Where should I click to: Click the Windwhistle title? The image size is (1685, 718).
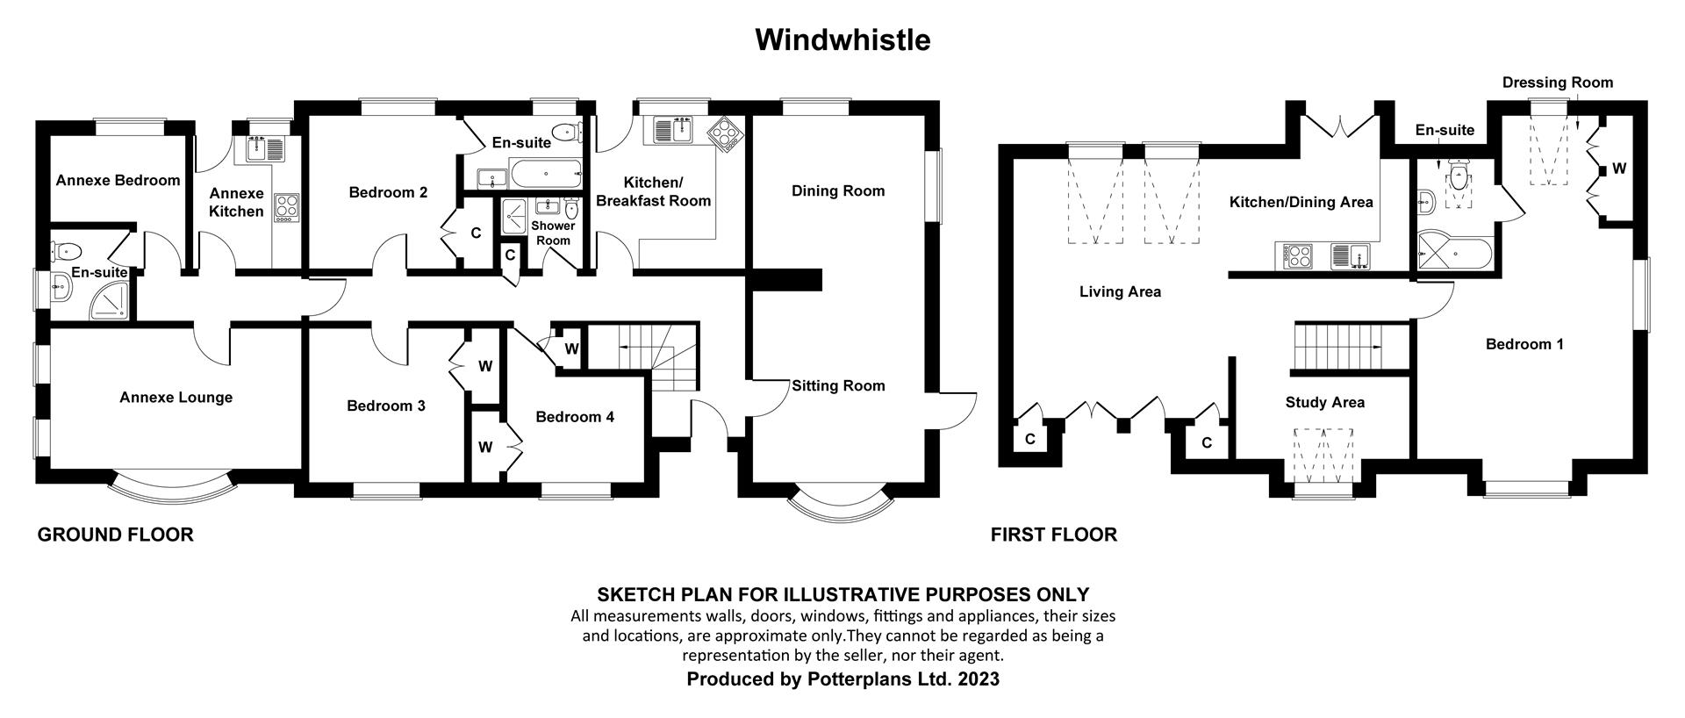tap(842, 39)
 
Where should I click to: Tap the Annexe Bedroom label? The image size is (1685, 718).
tap(118, 181)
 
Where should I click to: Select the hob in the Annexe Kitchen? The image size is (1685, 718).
tap(287, 207)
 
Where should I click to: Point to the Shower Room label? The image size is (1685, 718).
tap(552, 233)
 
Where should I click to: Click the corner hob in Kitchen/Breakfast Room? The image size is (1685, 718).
tap(728, 134)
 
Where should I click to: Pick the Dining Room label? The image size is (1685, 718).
tap(837, 191)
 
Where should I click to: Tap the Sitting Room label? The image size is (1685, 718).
tap(838, 386)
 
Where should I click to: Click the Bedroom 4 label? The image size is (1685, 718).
tap(575, 417)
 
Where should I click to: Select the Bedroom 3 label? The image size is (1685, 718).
tap(385, 406)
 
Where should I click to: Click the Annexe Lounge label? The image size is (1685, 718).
tap(176, 398)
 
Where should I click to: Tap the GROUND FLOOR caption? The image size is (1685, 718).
tap(115, 535)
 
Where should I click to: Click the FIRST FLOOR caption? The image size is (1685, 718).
tap(1053, 535)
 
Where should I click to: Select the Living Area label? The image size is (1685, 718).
tap(1120, 292)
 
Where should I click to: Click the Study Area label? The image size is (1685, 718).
tap(1324, 403)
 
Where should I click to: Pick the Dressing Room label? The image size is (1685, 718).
tap(1557, 83)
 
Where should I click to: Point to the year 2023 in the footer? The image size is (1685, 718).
tap(979, 679)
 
